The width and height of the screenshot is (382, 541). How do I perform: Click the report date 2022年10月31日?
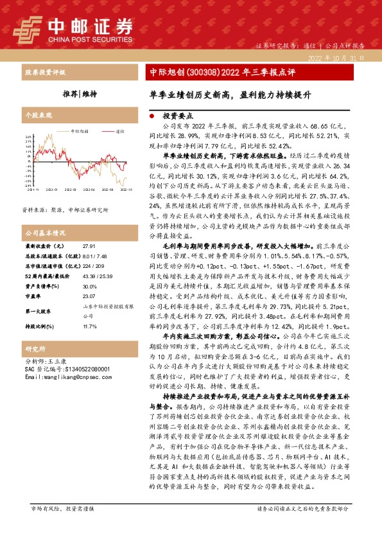[336, 58]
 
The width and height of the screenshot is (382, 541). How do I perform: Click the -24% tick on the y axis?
[29, 186]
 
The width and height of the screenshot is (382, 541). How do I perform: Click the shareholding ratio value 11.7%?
[89, 326]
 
